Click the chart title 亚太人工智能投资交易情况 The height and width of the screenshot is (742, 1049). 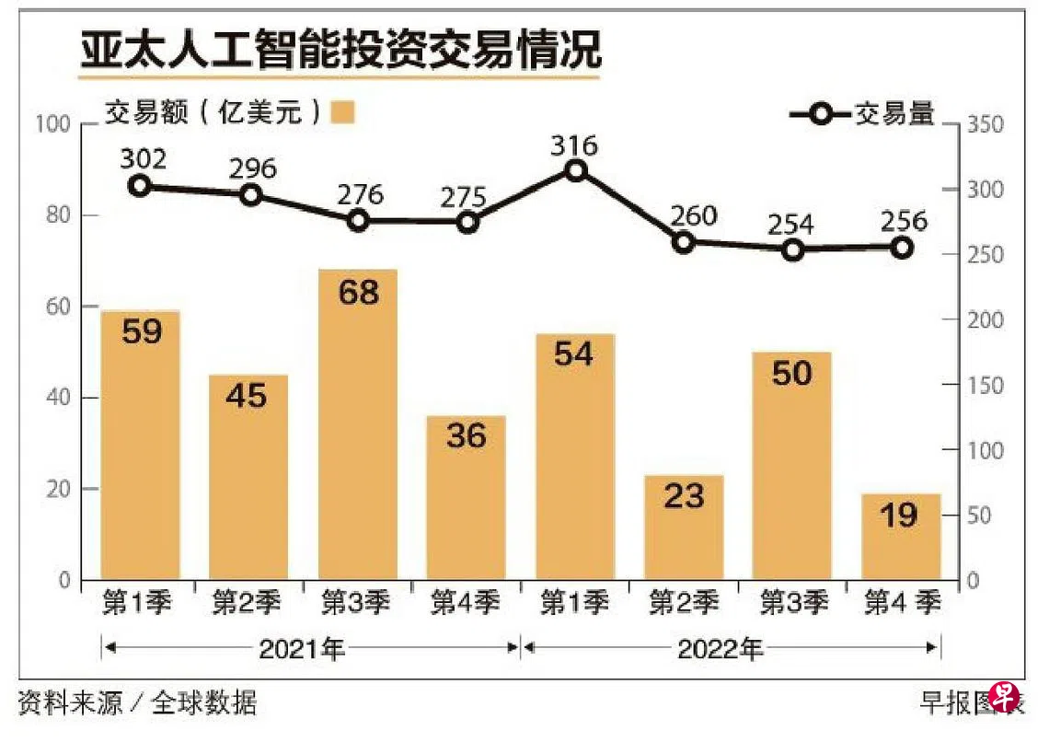[x=340, y=52]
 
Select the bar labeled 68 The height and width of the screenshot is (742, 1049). [x=358, y=424]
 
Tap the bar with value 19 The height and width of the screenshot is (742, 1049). [x=901, y=537]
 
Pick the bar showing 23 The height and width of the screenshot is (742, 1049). [x=683, y=527]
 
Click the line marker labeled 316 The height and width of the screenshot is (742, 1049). [x=576, y=170]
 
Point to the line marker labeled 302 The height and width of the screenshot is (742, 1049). [x=140, y=186]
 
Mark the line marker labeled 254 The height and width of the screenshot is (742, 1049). [x=793, y=249]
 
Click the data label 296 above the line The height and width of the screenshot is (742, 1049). [x=250, y=168]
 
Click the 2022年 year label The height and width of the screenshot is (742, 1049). [x=720, y=649]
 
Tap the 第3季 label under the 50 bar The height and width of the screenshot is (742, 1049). [x=793, y=604]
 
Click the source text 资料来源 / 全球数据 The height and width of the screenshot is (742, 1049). [x=138, y=704]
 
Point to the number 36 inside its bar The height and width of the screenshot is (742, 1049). [x=466, y=435]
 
